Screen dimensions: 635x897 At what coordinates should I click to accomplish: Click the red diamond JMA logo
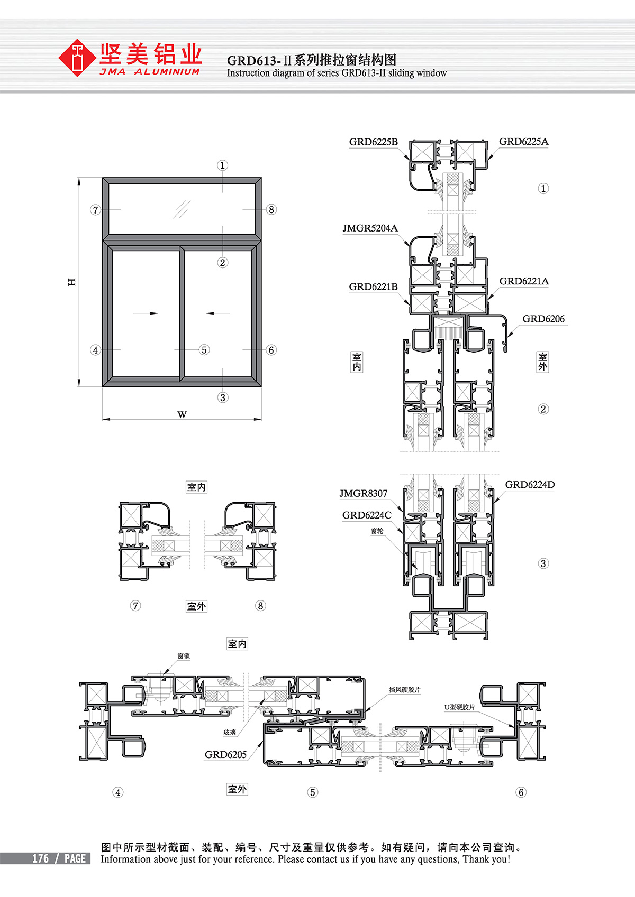pyautogui.click(x=77, y=58)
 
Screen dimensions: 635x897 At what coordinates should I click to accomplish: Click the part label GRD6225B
pyautogui.click(x=373, y=142)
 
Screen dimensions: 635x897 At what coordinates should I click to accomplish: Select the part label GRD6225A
pyautogui.click(x=523, y=141)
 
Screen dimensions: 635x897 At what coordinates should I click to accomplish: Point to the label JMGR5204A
pyautogui.click(x=370, y=228)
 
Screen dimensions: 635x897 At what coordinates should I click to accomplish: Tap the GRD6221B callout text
pyautogui.click(x=373, y=286)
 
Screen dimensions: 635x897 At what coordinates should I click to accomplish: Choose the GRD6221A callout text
pyautogui.click(x=524, y=281)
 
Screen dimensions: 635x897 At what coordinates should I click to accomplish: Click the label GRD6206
pyautogui.click(x=543, y=319)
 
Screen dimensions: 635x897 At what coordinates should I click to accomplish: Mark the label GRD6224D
pyautogui.click(x=530, y=485)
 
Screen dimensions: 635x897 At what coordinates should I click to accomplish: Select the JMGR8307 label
pyautogui.click(x=364, y=493)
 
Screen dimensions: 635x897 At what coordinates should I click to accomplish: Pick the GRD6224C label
pyautogui.click(x=367, y=515)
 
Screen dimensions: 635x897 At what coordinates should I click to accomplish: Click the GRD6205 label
pyautogui.click(x=226, y=754)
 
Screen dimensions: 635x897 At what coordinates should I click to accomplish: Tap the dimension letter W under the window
pyautogui.click(x=182, y=414)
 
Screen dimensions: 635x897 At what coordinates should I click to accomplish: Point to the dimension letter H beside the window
pyautogui.click(x=72, y=282)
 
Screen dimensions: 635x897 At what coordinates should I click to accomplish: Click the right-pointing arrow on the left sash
pyautogui.click(x=146, y=313)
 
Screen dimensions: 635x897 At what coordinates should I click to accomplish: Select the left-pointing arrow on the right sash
pyautogui.click(x=217, y=313)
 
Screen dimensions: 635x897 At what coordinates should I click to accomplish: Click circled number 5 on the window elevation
pyautogui.click(x=204, y=350)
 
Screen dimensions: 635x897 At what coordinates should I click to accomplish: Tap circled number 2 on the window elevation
pyautogui.click(x=222, y=263)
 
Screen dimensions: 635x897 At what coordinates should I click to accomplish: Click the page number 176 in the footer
pyautogui.click(x=41, y=858)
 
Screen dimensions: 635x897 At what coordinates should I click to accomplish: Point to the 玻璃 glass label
pyautogui.click(x=230, y=733)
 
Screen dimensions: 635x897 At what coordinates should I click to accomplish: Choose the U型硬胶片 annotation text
pyautogui.click(x=459, y=707)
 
